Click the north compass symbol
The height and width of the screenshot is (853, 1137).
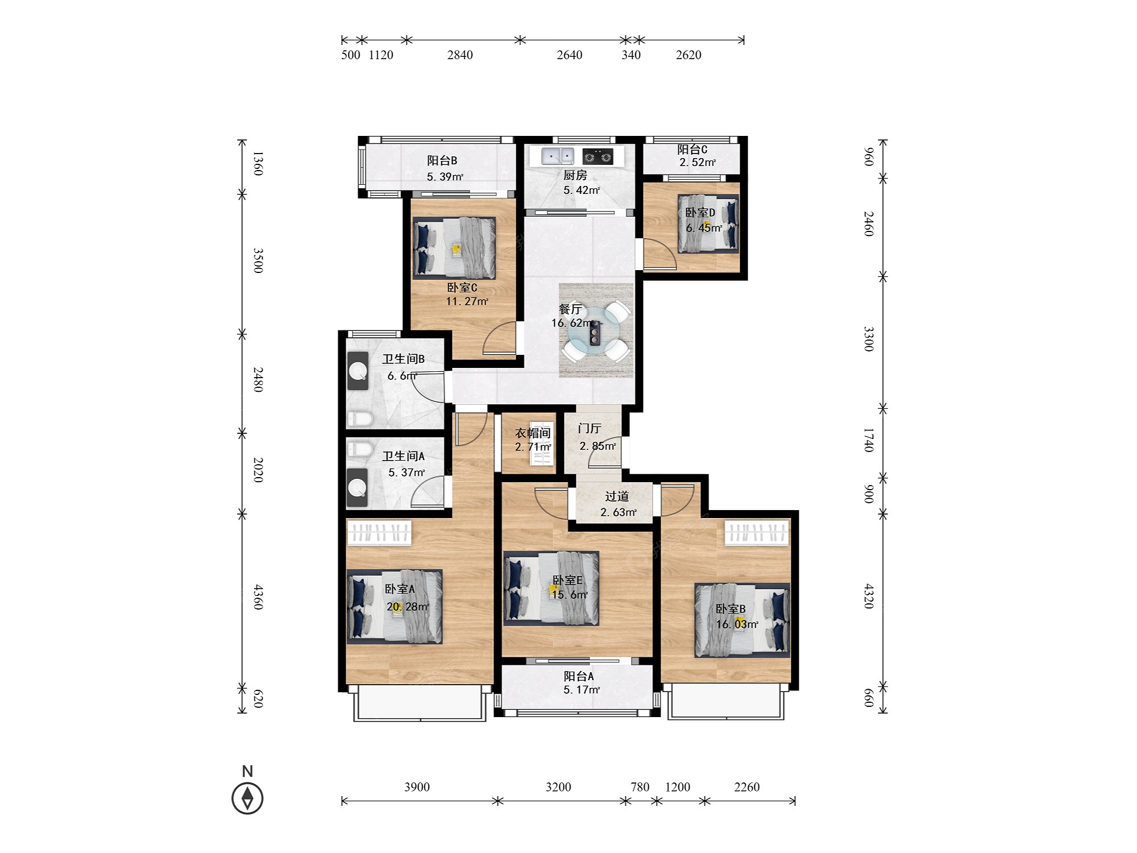pyautogui.click(x=247, y=798)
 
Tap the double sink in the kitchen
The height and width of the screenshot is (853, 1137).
pyautogui.click(x=558, y=155)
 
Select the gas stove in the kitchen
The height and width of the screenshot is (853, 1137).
pyautogui.click(x=597, y=156)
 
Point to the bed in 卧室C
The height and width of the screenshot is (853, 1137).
pyautogui.click(x=454, y=248)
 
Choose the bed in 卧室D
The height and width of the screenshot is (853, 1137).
pyautogui.click(x=708, y=223)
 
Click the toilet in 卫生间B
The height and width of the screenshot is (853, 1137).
pyautogui.click(x=359, y=420)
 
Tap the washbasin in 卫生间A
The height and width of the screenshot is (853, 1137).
pyautogui.click(x=358, y=487)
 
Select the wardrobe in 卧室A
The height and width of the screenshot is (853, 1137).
pyautogui.click(x=379, y=533)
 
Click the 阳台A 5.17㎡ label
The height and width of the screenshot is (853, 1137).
pyautogui.click(x=580, y=683)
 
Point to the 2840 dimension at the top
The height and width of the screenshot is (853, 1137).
pyautogui.click(x=460, y=55)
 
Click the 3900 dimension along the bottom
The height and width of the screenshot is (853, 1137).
pyautogui.click(x=417, y=787)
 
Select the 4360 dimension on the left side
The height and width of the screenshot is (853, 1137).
pyautogui.click(x=258, y=597)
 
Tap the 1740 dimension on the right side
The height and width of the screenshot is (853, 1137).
pyautogui.click(x=868, y=440)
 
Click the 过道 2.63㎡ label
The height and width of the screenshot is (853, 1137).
pyautogui.click(x=618, y=504)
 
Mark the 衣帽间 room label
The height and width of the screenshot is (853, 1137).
pyautogui.click(x=533, y=433)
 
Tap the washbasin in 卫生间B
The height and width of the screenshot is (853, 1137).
pyautogui.click(x=358, y=371)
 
